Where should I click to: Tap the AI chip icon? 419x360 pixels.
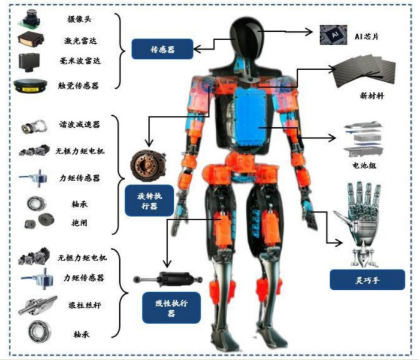(x=331, y=35)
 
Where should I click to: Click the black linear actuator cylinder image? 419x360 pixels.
(x=169, y=278)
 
